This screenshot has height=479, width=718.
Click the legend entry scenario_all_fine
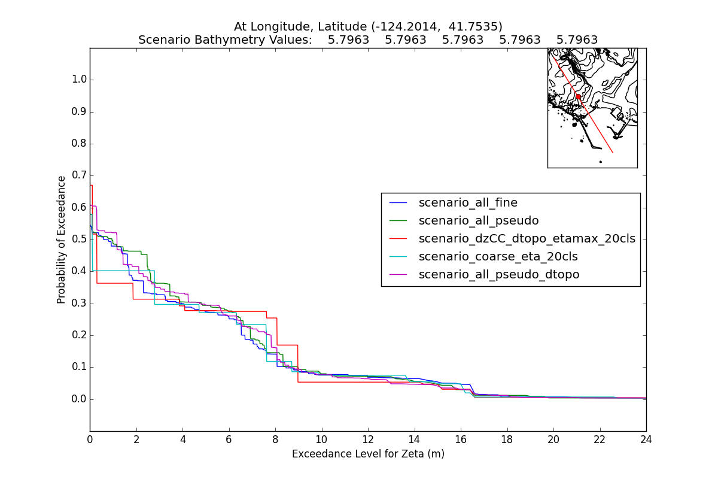click(468, 202)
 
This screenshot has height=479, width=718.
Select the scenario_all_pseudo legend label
click(479, 220)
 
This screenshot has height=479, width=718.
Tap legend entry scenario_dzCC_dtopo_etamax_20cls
click(527, 238)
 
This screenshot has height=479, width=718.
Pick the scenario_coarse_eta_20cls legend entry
click(498, 256)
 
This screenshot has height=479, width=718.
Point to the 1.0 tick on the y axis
click(79, 80)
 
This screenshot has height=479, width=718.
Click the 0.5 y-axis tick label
click(79, 239)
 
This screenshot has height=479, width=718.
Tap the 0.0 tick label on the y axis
click(79, 399)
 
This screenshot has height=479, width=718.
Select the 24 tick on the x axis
click(646, 439)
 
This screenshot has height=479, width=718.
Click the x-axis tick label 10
click(322, 439)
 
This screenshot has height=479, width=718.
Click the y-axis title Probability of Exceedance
click(61, 239)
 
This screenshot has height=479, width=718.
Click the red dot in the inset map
click(578, 96)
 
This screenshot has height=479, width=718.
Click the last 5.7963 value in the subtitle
click(577, 40)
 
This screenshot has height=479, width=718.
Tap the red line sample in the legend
click(398, 238)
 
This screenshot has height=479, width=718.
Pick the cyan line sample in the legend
click(398, 256)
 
